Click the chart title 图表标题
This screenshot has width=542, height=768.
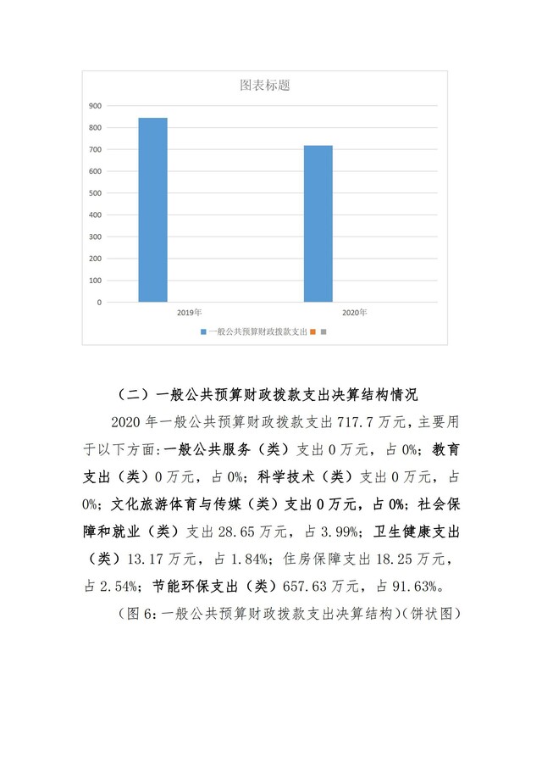[x=266, y=86]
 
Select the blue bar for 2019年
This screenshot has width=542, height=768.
[x=153, y=209]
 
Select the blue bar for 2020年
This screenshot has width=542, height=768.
[x=318, y=224]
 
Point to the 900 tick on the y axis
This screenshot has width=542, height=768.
[x=96, y=106]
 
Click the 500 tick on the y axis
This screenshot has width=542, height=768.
[x=96, y=193]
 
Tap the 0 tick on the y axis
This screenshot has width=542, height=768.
[x=99, y=302]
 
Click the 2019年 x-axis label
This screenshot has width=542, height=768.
[x=189, y=313]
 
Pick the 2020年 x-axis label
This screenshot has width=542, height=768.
[x=354, y=313]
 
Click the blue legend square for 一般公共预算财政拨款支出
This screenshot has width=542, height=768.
[x=203, y=331]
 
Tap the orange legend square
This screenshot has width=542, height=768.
[x=312, y=331]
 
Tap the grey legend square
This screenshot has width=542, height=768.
[x=324, y=331]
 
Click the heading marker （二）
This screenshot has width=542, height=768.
[x=129, y=395]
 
